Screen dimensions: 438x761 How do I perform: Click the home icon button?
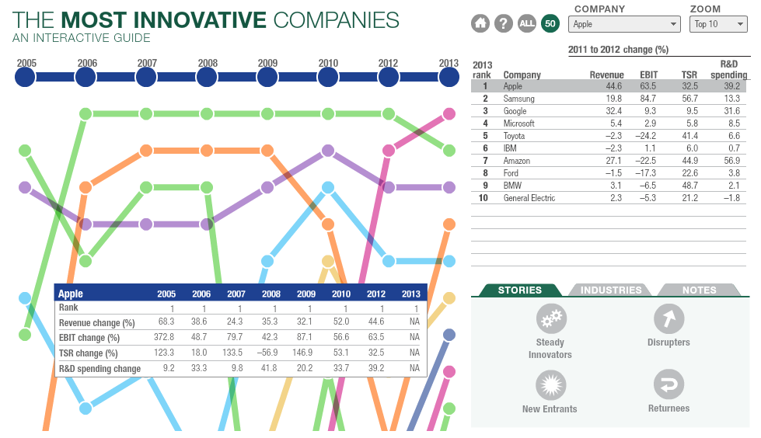coord(480,23)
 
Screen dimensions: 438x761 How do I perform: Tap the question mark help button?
coord(504,23)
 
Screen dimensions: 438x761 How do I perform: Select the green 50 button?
coord(550,23)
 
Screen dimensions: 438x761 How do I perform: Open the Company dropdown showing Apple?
coord(625,24)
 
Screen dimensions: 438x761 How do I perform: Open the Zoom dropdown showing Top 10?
coord(717,24)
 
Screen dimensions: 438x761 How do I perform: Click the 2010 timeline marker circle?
coord(328,76)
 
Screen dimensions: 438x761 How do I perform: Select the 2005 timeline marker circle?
coord(26,76)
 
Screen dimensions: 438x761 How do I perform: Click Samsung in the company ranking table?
coord(518,99)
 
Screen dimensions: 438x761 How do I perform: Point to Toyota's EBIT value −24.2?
coord(647,136)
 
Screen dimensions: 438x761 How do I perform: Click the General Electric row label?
coord(529,198)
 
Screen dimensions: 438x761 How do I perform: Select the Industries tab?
coord(611,290)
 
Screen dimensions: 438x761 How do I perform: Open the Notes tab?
coord(699,290)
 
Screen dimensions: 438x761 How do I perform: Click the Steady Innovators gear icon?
coord(551,318)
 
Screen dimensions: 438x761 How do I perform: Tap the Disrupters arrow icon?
coord(668,318)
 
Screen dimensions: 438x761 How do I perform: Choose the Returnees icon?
coord(668,384)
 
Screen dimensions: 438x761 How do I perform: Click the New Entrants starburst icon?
coord(550,385)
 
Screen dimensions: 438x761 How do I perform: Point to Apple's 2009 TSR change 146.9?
coord(307,353)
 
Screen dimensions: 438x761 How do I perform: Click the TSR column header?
coord(689,75)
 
